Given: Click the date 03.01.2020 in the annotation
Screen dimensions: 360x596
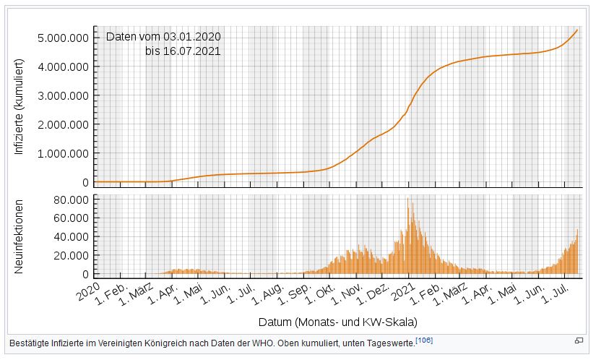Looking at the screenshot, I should (193, 37).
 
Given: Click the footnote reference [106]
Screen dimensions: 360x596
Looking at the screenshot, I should (424, 338).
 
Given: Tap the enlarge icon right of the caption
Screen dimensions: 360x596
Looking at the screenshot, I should (579, 340).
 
